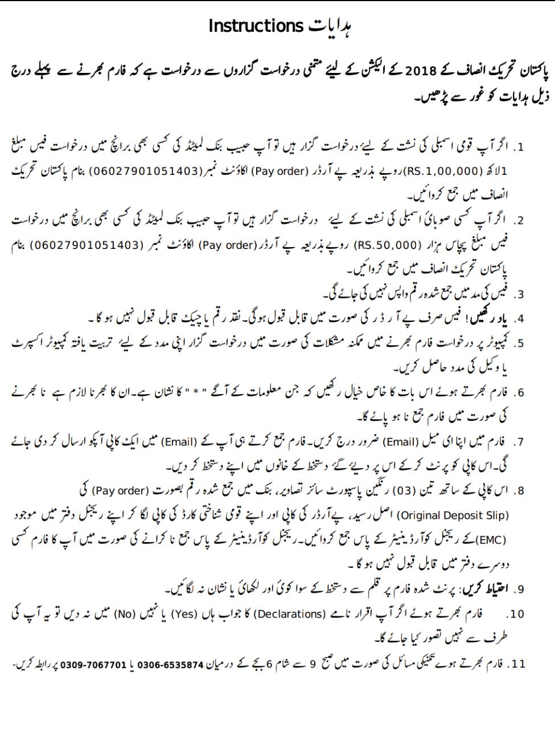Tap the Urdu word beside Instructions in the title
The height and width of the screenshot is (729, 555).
330,26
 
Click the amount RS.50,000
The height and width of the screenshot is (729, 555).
388,245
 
